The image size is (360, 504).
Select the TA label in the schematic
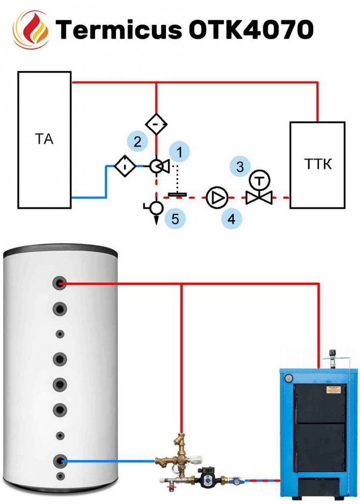[x=44, y=140]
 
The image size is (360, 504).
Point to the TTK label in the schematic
[x=317, y=164]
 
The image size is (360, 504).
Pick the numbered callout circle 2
[x=138, y=142]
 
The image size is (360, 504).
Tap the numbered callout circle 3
[x=240, y=166]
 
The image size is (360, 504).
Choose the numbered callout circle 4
[x=231, y=219]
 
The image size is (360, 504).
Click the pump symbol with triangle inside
[x=218, y=197]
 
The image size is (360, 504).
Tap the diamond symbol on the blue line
[x=124, y=167]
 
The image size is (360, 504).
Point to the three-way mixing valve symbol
[x=158, y=167]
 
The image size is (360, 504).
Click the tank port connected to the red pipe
[x=60, y=284]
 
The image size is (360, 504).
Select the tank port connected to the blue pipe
[x=60, y=460]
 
